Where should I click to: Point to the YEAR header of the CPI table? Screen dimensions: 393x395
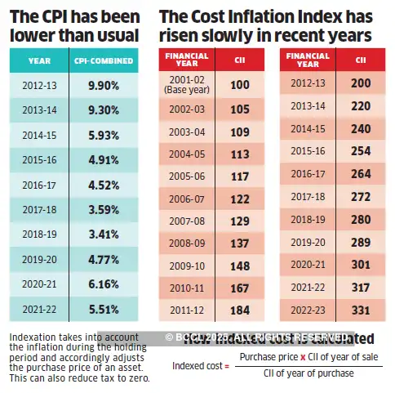point(39,60)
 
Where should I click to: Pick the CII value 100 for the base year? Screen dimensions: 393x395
point(239,85)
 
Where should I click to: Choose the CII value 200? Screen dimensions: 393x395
point(361,85)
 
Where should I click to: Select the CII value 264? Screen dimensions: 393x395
point(361,174)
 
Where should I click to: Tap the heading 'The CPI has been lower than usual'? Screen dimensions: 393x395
point(74,25)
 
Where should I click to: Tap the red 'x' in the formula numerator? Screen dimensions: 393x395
point(302,358)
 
